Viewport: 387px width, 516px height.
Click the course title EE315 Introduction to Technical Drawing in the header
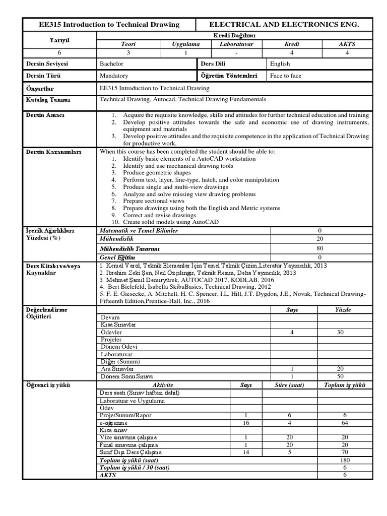(109, 24)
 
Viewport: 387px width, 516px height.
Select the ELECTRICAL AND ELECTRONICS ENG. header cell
(284, 24)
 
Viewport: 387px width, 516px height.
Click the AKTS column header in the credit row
(347, 44)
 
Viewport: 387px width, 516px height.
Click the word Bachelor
(112, 64)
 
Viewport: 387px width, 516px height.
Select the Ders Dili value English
(280, 64)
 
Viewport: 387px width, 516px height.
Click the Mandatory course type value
(114, 76)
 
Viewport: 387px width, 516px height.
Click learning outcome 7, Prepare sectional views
(154, 201)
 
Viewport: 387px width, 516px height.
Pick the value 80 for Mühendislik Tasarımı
(319, 248)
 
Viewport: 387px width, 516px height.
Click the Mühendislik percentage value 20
(319, 239)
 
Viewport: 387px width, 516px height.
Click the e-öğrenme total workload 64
(345, 423)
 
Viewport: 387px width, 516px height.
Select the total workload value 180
(345, 460)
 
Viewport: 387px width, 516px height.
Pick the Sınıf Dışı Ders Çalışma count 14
(245, 453)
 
